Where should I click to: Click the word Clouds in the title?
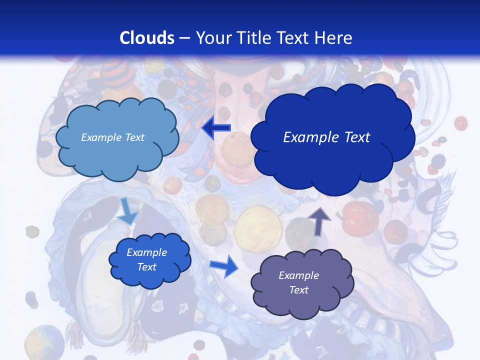click(x=146, y=38)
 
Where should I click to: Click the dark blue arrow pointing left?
click(x=216, y=128)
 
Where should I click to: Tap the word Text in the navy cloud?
click(x=356, y=137)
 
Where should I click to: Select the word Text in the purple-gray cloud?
click(x=298, y=290)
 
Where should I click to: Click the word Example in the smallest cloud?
click(x=146, y=252)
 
